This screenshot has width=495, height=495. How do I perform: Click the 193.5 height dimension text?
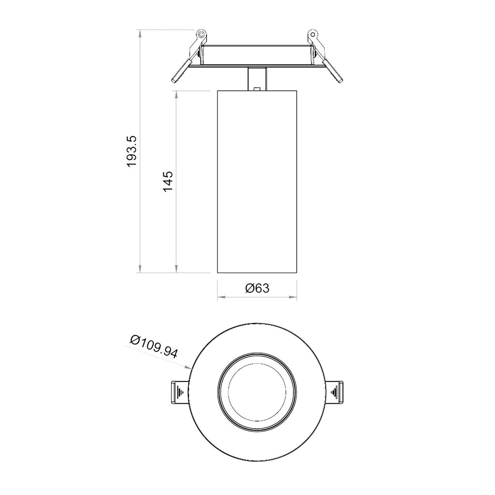coord(132,151)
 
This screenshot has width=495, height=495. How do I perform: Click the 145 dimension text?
coord(168,181)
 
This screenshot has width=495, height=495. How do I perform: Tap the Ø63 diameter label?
coord(257,289)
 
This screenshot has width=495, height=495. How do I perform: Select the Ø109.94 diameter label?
coord(154,346)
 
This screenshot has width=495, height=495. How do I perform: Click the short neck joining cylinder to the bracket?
coord(257,78)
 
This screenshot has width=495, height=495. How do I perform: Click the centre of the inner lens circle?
coord(257,393)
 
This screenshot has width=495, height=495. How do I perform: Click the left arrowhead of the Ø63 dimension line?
coord(220,298)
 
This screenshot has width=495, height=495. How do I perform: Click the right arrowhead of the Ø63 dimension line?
coord(293,298)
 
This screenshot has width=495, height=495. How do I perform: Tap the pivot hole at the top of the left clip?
coord(200,34)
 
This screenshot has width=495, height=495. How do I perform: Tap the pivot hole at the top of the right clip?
coord(313,34)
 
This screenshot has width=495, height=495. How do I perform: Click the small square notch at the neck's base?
coord(257,88)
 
